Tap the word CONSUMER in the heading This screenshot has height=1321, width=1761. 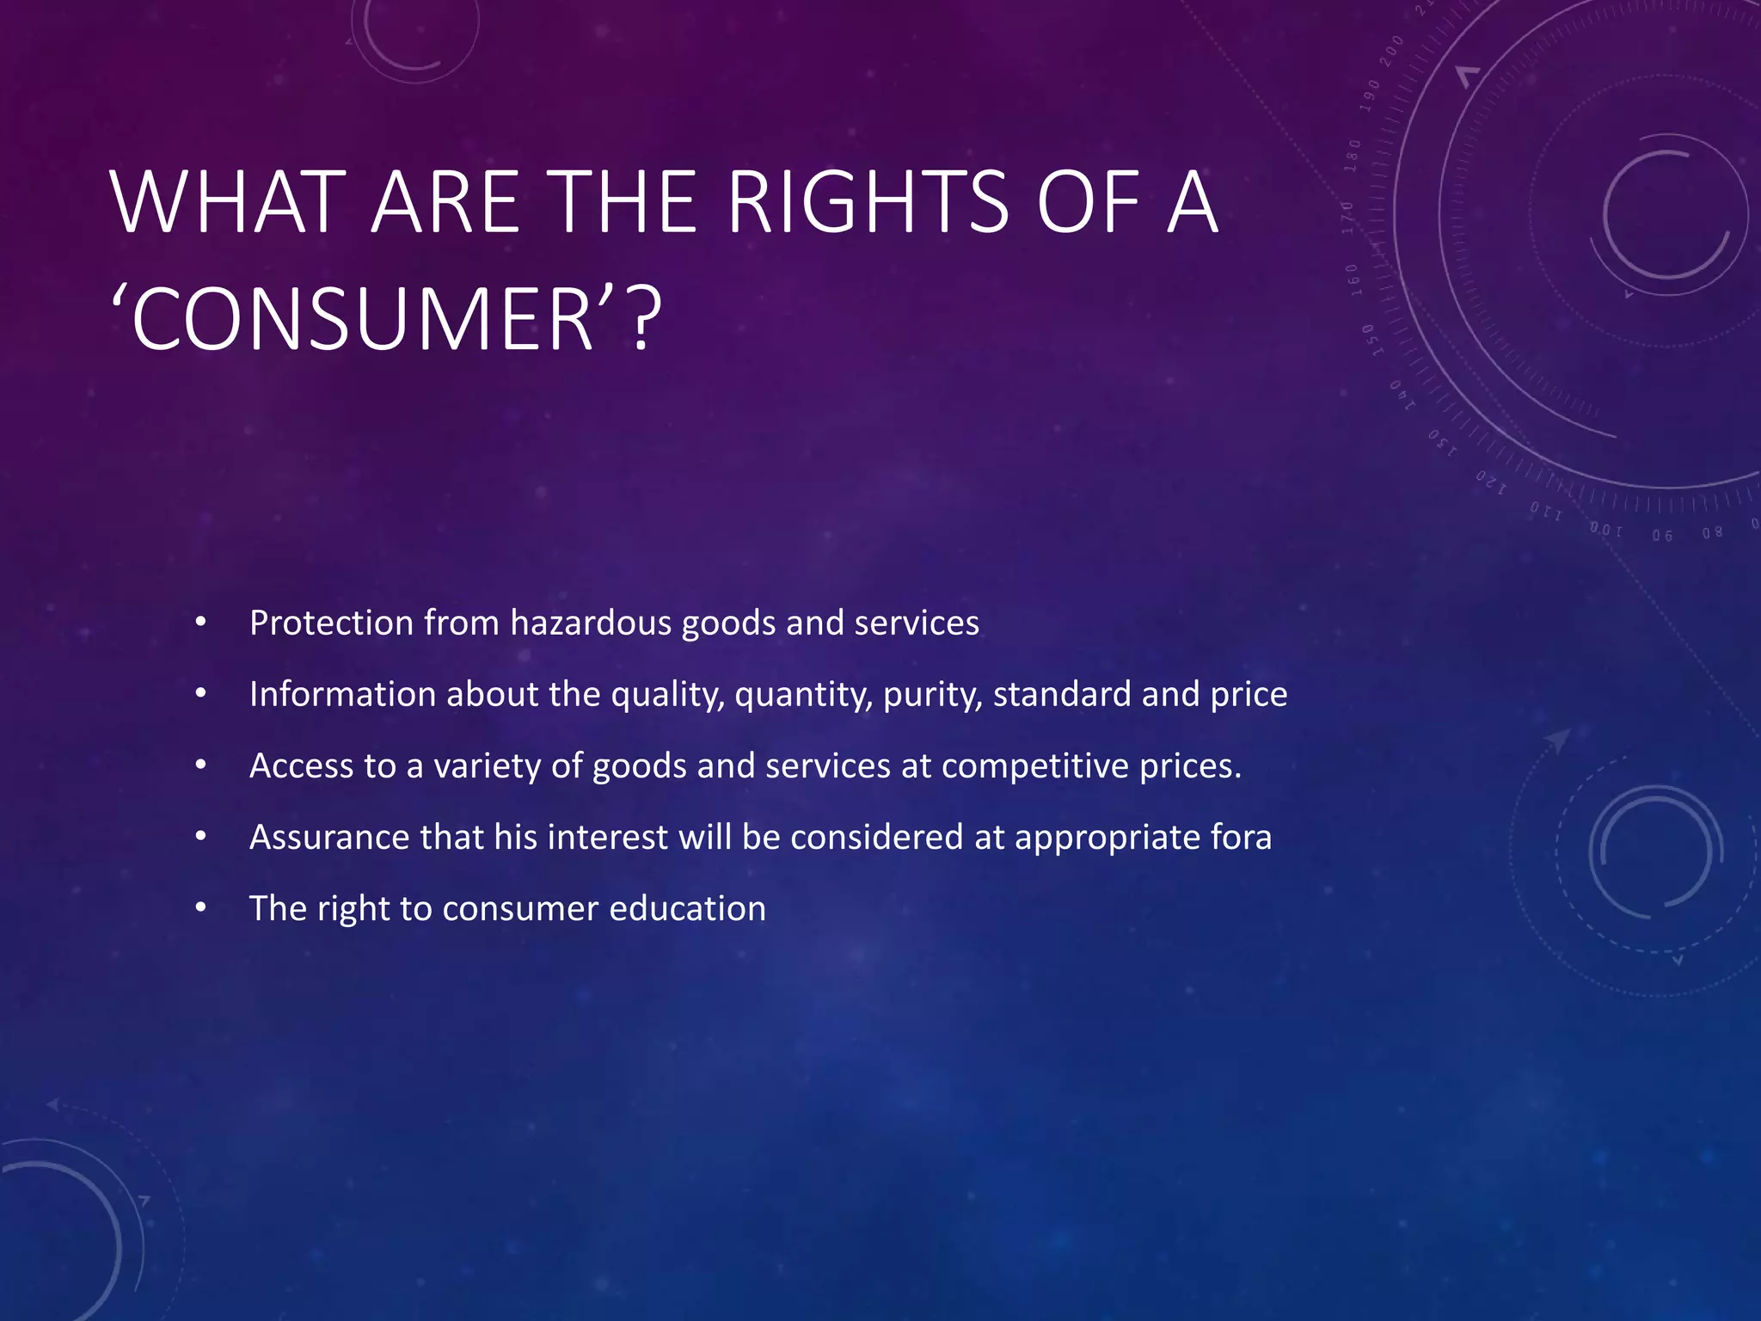[x=361, y=320]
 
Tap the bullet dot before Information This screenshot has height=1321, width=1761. [x=200, y=693]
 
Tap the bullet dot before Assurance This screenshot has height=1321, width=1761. [x=200, y=836]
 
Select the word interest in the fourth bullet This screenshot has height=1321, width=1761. [x=607, y=837]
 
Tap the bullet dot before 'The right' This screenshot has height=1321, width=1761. [x=200, y=907]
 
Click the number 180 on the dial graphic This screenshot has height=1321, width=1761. [x=1353, y=156]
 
